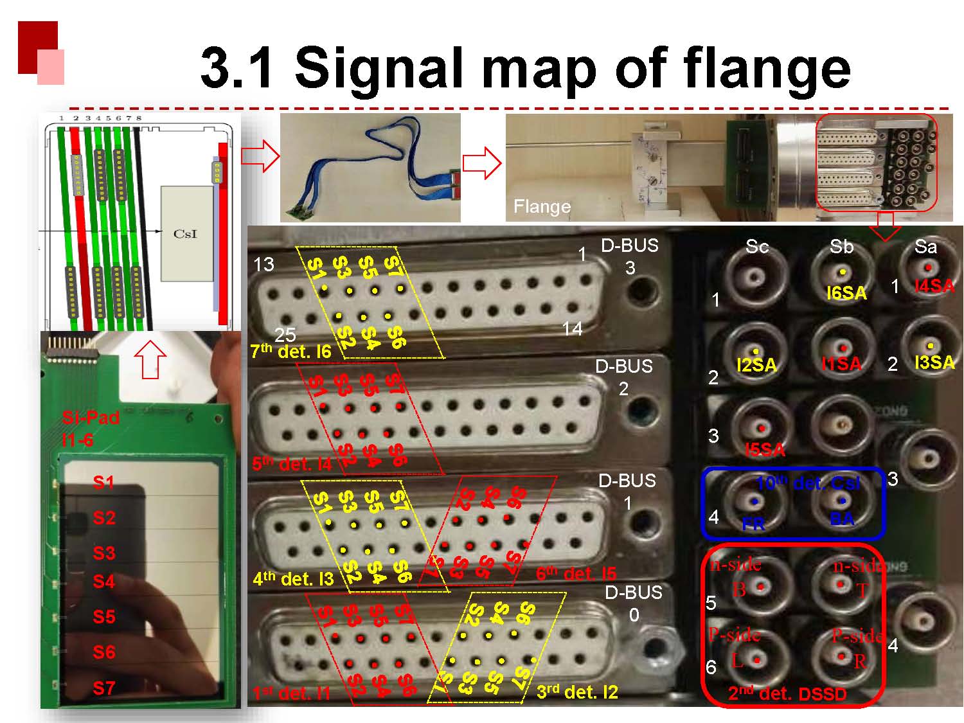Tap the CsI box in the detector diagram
[186, 234]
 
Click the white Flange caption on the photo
[542, 206]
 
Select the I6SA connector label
[846, 293]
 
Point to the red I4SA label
[934, 286]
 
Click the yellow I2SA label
[756, 365]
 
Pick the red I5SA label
[765, 449]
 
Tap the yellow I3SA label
[934, 362]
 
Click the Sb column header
[841, 246]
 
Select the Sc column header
[757, 246]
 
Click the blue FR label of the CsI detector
[753, 524]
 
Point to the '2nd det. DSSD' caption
[787, 693]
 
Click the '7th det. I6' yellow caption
[290, 351]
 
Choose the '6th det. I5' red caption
[576, 573]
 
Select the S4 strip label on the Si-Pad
[104, 582]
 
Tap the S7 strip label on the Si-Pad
[104, 688]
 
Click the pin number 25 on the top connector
[285, 334]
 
